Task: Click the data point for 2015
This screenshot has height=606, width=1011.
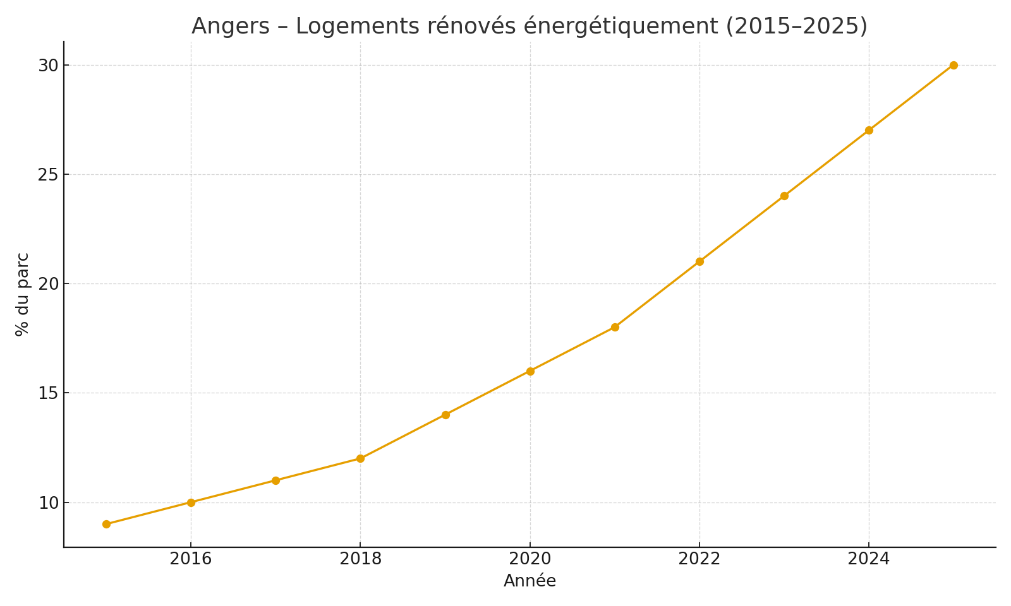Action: point(106,524)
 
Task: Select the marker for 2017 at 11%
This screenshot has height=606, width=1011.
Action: point(275,480)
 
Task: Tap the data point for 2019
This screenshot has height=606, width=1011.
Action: point(445,415)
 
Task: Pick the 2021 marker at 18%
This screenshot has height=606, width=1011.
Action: point(615,327)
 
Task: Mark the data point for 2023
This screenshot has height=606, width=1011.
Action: point(784,196)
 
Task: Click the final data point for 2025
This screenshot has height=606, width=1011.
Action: point(953,65)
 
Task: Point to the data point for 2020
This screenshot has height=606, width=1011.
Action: point(530,371)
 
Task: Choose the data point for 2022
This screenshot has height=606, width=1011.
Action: point(699,261)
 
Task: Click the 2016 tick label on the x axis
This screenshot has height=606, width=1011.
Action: point(191,559)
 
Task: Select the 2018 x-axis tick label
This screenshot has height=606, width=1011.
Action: point(360,559)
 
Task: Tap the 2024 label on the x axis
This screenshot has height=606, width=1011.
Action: point(869,559)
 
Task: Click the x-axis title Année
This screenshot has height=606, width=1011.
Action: point(530,581)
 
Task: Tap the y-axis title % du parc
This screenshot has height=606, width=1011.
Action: point(22,294)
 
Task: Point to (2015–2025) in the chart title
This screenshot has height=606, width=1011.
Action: point(796,27)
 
